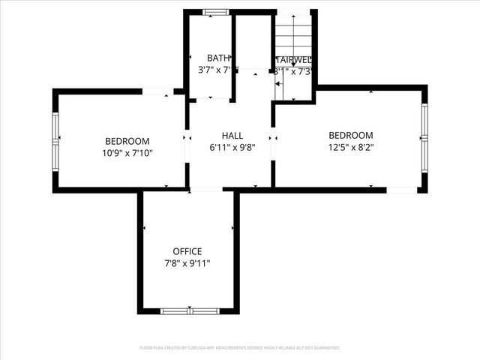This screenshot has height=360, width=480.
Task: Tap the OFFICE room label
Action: tap(187, 251)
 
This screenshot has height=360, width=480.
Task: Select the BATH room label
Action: tap(218, 58)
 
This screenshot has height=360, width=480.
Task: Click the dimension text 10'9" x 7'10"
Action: tap(127, 153)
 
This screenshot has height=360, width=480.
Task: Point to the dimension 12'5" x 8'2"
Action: tap(351, 148)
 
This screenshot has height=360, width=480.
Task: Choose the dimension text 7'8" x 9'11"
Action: tap(187, 263)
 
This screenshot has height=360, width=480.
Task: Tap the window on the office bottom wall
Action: tap(190, 310)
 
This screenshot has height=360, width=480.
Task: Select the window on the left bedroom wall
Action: tap(55, 139)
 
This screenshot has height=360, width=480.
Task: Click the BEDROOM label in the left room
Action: tap(127, 141)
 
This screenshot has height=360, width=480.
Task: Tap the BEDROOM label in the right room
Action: tap(351, 136)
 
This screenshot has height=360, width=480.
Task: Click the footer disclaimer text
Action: tap(240, 348)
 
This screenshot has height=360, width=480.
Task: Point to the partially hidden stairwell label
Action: tap(294, 60)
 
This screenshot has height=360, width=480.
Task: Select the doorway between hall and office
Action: tap(206, 190)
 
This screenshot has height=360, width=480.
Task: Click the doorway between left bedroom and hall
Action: tap(187, 139)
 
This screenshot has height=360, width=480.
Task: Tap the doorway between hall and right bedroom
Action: tap(273, 139)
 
